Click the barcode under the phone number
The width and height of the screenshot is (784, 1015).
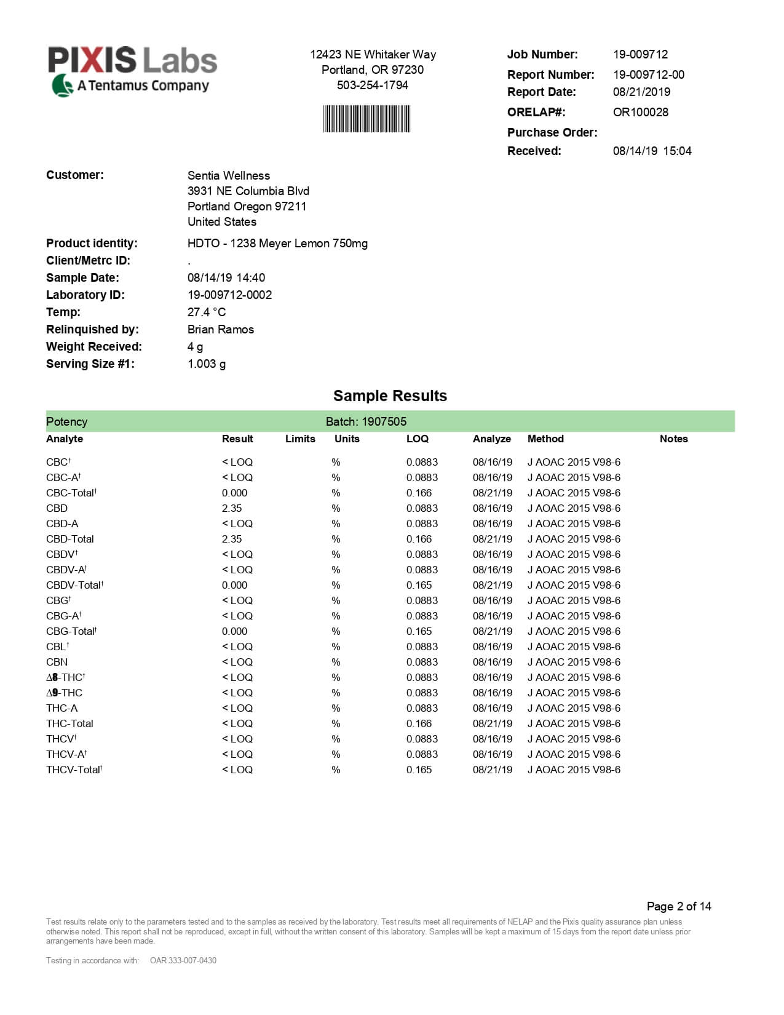[366, 119]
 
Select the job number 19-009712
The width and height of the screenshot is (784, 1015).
[640, 54]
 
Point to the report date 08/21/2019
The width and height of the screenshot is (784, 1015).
[641, 92]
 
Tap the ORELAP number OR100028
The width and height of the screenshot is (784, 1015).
[640, 112]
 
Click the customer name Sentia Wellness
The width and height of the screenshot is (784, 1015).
[229, 175]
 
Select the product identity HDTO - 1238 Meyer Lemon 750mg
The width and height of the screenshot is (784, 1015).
[277, 243]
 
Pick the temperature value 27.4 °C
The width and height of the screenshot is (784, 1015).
[207, 312]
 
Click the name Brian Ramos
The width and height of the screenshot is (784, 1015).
[221, 329]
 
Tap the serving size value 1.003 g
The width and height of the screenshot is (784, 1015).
[207, 364]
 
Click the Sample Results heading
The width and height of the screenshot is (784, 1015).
[390, 396]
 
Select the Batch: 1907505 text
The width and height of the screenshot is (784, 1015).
[366, 421]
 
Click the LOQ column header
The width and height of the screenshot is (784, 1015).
[417, 439]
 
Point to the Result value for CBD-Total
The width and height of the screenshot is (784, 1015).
[232, 539]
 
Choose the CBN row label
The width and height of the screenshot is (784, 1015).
[57, 662]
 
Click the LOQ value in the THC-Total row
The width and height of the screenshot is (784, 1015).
[419, 723]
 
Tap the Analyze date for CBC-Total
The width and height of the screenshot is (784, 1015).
[492, 493]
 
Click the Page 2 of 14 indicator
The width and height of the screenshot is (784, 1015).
[678, 906]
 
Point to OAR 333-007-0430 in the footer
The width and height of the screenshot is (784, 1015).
[183, 960]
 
